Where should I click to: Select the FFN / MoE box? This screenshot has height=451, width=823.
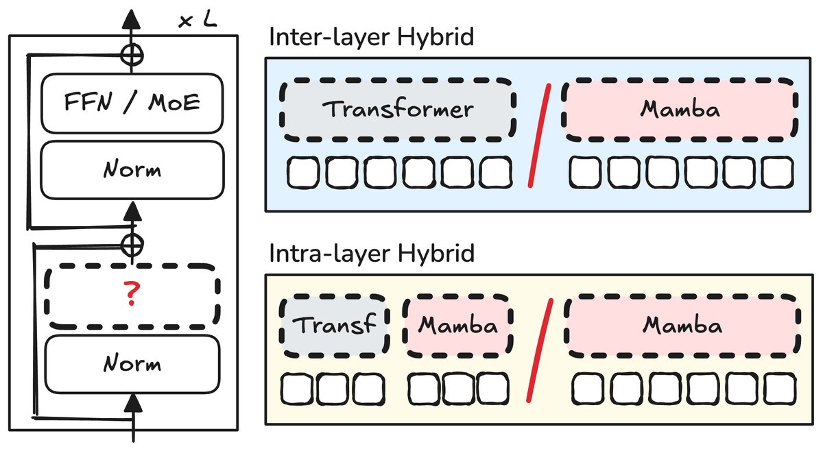point(132,103)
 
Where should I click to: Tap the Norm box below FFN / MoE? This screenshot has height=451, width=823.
point(132,169)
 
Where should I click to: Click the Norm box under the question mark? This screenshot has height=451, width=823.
point(132,363)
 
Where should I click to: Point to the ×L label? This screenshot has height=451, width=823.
point(198,20)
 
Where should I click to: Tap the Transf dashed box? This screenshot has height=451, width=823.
point(334,325)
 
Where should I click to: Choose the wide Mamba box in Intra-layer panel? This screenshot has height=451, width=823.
point(682,325)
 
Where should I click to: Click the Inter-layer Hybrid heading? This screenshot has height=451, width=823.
point(371,37)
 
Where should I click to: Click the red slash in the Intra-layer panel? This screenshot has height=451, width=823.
point(540,352)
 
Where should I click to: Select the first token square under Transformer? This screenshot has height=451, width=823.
point(302,173)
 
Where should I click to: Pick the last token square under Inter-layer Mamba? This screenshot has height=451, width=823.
point(776,173)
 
